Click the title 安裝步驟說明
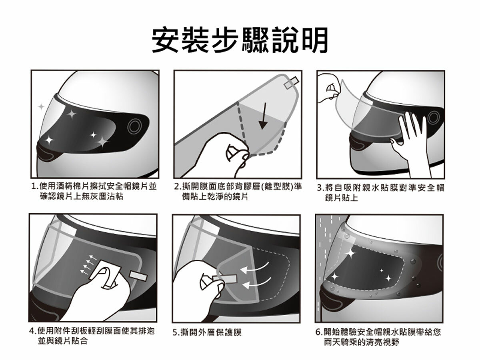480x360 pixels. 240,40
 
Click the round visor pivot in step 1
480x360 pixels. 134,126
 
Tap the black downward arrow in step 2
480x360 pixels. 264,116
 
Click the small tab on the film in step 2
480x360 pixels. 292,83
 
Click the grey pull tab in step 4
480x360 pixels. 139,276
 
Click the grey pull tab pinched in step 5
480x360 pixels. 225,278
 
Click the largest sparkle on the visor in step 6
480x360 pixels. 350,253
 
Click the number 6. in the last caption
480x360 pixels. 319,332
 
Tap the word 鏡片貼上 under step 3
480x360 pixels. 341,198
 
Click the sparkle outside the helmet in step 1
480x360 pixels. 41,107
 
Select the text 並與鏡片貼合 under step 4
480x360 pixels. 63,341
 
